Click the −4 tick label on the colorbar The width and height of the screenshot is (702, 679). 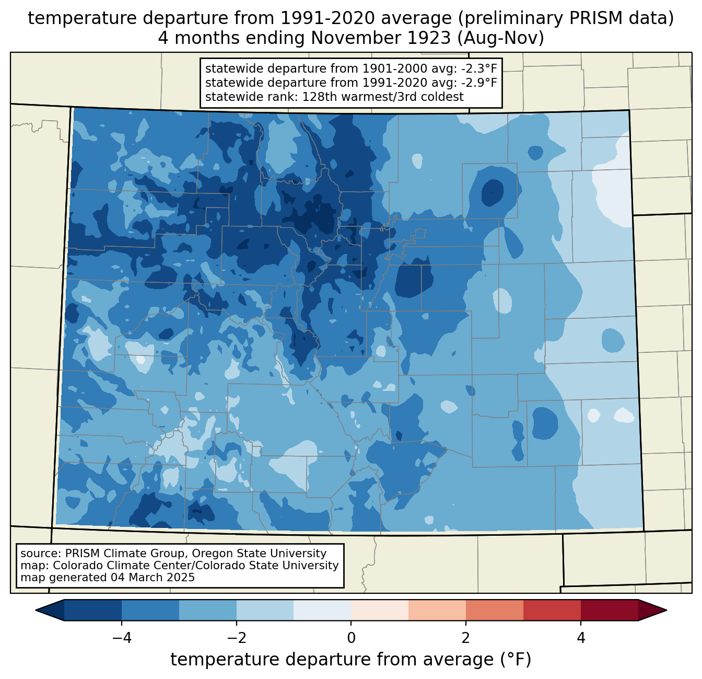(122, 638)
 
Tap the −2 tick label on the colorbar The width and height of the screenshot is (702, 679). (236, 638)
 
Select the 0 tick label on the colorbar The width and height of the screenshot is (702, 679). (351, 638)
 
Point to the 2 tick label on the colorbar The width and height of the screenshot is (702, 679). (466, 638)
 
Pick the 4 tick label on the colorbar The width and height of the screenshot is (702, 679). (580, 638)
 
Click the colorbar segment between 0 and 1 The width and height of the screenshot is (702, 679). (380, 611)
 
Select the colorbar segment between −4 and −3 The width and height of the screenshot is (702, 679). (150, 611)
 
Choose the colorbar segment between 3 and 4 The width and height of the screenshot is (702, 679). (552, 611)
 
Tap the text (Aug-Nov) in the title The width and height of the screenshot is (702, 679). (501, 38)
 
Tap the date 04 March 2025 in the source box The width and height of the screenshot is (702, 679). (153, 578)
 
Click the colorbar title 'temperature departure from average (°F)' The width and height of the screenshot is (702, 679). (350, 660)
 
